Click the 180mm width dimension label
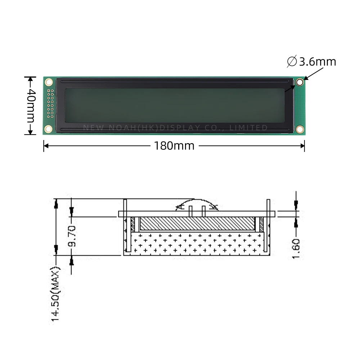tap(174, 146)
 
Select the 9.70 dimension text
tap(72, 236)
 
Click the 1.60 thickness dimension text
tap(296, 248)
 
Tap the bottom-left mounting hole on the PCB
tap(48, 129)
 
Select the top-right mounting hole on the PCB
tap(300, 82)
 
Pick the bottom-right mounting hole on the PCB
tap(300, 129)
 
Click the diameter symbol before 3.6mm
tap(292, 62)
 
